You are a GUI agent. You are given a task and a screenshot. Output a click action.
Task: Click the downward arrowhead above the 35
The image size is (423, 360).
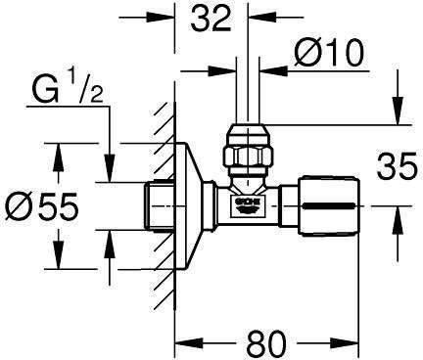(397, 115)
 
